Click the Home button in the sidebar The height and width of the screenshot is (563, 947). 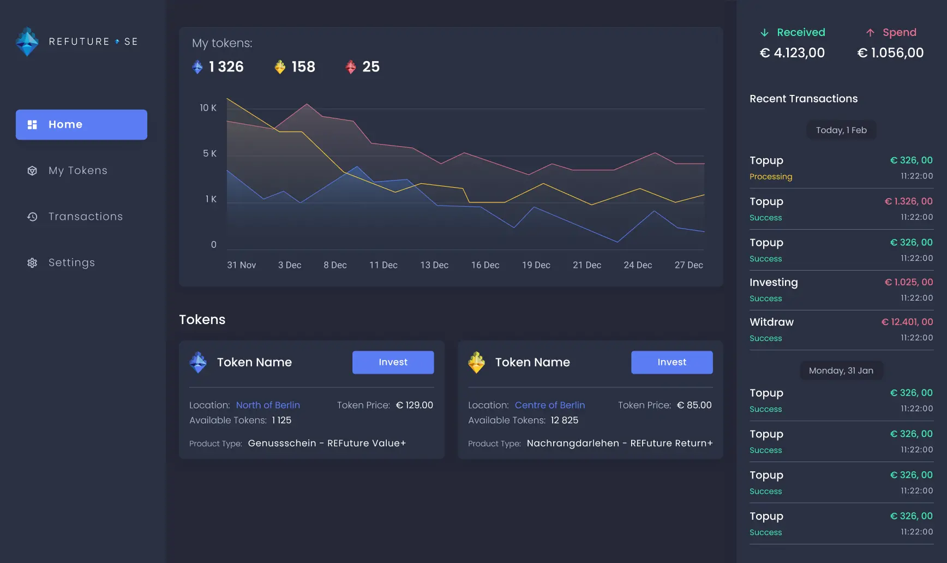click(x=81, y=124)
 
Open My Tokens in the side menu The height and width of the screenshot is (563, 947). click(x=77, y=171)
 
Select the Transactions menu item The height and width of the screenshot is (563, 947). click(x=85, y=217)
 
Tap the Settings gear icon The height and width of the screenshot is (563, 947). click(x=32, y=263)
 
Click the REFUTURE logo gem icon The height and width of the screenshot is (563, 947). click(x=27, y=41)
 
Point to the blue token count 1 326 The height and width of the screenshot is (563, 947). click(x=226, y=67)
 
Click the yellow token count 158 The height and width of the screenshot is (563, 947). click(x=303, y=67)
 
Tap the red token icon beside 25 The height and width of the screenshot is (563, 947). click(x=351, y=67)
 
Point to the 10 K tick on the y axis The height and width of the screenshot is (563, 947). click(x=208, y=108)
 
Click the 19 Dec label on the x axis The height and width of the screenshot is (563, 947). click(x=536, y=265)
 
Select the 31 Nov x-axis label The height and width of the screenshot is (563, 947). click(x=241, y=265)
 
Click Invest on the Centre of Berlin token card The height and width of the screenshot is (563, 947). click(x=672, y=362)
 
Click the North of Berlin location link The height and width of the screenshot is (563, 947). click(x=268, y=405)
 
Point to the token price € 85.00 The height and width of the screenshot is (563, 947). click(x=694, y=405)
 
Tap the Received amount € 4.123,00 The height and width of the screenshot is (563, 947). click(x=792, y=53)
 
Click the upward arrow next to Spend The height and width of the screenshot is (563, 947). click(x=870, y=33)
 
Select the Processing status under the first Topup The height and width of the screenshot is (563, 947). click(x=771, y=177)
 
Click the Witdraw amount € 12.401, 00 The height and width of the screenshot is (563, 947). click(x=907, y=322)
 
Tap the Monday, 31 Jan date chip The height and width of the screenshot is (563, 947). click(x=841, y=371)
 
